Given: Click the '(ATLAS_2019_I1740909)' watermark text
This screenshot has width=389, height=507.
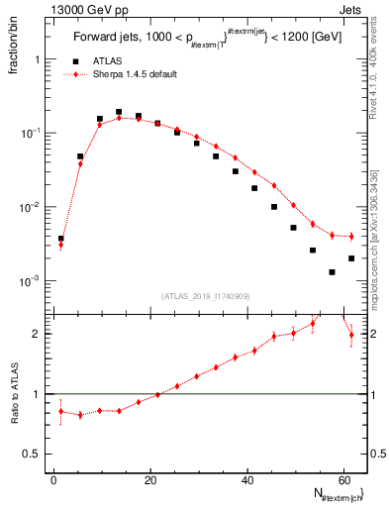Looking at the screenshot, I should pos(207,295).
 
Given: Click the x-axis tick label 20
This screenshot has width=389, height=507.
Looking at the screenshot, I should pos(149,479).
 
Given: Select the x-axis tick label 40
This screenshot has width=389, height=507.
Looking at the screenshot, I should pos(245,479).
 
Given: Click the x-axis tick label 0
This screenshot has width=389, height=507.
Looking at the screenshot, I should pos(53,479).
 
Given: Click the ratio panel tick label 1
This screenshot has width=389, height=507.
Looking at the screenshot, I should pos(37,394).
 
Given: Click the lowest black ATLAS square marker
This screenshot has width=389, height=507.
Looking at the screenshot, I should pos(332,271).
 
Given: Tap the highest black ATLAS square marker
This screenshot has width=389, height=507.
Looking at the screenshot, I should pos(119,112).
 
